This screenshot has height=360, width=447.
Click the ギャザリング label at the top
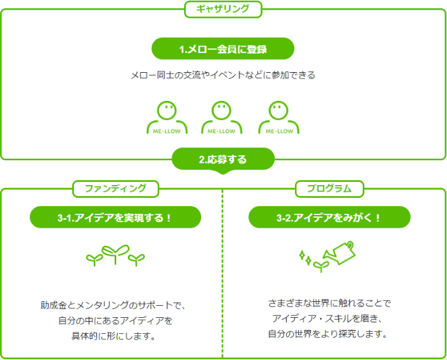point(223,9)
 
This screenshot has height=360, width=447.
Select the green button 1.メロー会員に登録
point(223,49)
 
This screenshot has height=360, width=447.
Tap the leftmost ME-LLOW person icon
point(167,117)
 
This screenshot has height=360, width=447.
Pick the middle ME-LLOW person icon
point(222,117)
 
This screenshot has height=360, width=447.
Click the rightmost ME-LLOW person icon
point(278,117)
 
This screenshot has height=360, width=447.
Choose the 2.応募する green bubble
point(223,160)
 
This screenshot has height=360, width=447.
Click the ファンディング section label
point(116,188)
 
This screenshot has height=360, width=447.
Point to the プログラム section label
point(330,188)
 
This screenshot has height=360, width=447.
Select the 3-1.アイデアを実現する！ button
point(116,217)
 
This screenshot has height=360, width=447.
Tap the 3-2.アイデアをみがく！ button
point(330,217)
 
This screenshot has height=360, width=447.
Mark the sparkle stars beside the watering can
point(305,257)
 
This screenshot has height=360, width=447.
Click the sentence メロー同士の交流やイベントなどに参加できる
point(223,75)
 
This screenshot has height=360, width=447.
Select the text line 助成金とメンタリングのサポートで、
point(112,305)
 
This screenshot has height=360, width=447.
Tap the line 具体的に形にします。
point(112,336)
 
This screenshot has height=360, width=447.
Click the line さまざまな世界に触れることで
point(329,303)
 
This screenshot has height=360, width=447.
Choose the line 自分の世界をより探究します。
point(329,333)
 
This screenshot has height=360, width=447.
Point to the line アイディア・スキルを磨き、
point(329,319)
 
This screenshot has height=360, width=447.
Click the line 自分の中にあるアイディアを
point(112,320)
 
